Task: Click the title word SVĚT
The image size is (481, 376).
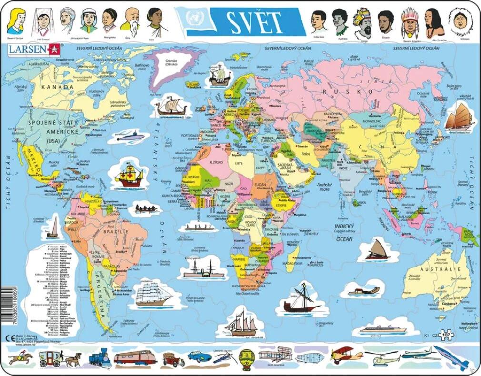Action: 253,20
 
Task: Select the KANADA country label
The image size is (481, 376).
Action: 58,87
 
